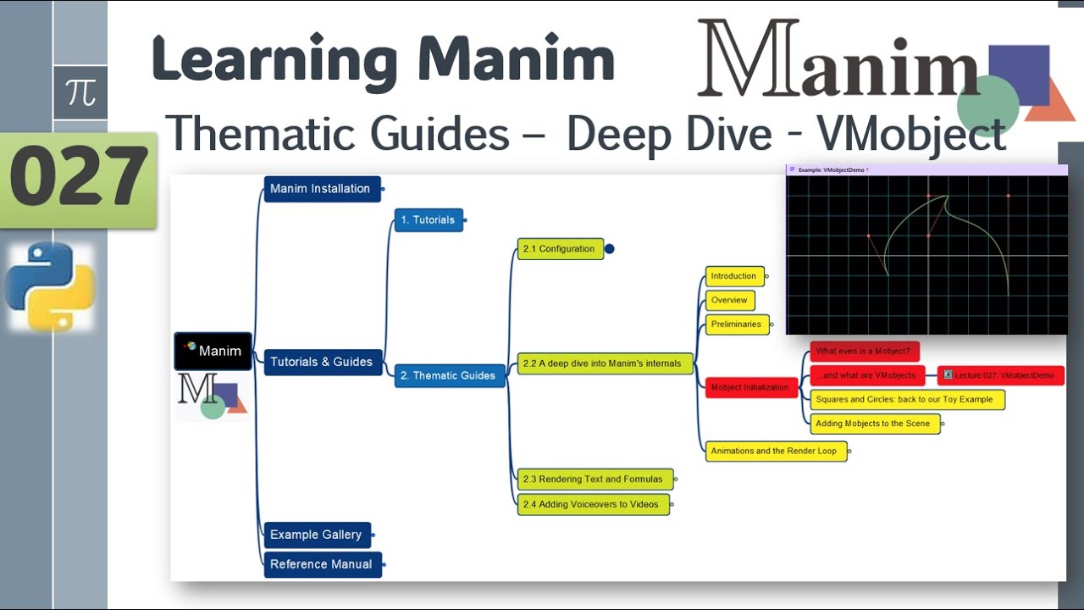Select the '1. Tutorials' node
429,220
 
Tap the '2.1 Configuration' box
560,249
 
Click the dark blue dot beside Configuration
609,249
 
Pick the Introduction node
734,276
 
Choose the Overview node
729,300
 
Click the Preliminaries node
737,324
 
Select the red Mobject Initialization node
750,388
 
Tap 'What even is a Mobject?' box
864,352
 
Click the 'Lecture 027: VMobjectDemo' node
1000,375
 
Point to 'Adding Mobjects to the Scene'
874,424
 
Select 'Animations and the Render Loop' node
775,452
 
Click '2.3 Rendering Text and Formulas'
593,480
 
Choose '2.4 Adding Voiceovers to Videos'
592,505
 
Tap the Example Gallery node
317,535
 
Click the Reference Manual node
322,564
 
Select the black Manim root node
213,351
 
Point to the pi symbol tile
80,92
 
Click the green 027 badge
79,179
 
